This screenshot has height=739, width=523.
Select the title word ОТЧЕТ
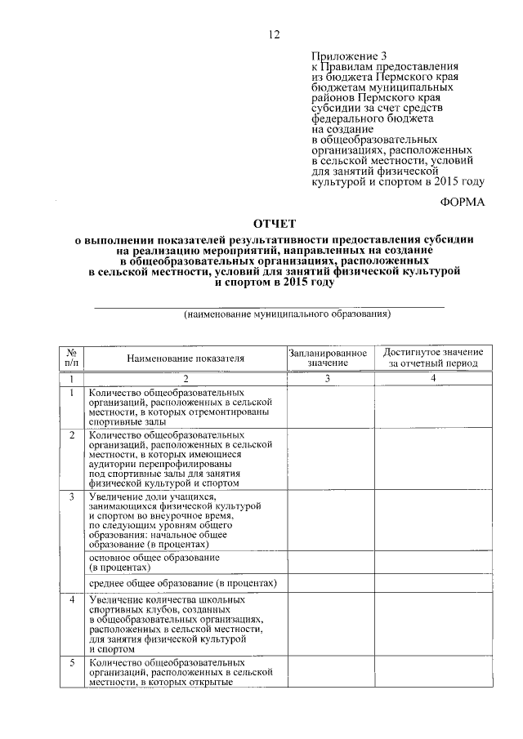point(274,223)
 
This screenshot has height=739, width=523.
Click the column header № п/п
point(72,356)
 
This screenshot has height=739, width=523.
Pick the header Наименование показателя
point(186,358)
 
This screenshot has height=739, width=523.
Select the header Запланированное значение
point(327,356)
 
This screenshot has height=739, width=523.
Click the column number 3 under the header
point(327,379)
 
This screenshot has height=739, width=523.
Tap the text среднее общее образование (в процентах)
point(183,583)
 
